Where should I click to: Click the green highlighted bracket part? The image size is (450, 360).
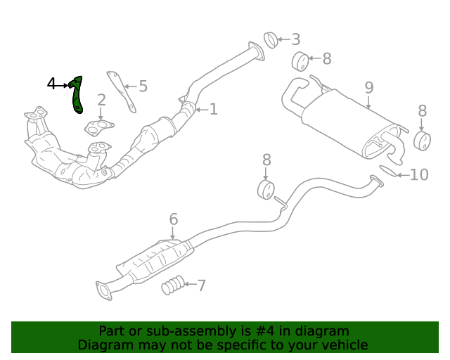pyautogui.click(x=77, y=96)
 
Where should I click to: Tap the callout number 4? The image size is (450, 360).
pyautogui.click(x=51, y=84)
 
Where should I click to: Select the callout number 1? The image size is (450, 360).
pyautogui.click(x=214, y=109)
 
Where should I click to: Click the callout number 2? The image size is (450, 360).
pyautogui.click(x=102, y=101)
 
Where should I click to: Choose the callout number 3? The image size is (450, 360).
pyautogui.click(x=295, y=39)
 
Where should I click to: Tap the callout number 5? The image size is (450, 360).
pyautogui.click(x=143, y=86)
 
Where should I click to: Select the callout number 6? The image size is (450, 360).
pyautogui.click(x=174, y=220)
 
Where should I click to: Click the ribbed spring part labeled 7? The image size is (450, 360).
pyautogui.click(x=173, y=285)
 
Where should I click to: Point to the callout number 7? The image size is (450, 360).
pyautogui.click(x=202, y=285)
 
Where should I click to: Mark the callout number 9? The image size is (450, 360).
pyautogui.click(x=369, y=88)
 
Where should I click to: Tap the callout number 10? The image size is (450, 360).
pyautogui.click(x=419, y=174)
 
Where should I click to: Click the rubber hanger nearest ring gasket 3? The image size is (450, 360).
pyautogui.click(x=299, y=62)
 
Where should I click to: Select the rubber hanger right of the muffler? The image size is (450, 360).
pyautogui.click(x=423, y=140)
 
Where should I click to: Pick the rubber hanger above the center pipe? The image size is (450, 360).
pyautogui.click(x=266, y=190)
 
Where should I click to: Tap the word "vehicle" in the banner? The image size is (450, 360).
pyautogui.click(x=342, y=345)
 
